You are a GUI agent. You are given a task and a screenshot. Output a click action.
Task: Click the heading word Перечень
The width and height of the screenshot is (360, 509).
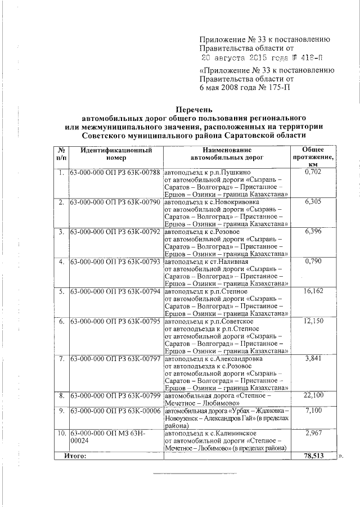[194, 110]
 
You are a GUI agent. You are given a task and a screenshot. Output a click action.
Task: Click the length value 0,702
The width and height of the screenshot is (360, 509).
[312, 172]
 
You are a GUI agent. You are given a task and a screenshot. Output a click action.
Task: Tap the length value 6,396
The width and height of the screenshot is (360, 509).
[312, 232]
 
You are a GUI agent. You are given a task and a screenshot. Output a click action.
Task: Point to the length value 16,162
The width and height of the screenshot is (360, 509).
[312, 291]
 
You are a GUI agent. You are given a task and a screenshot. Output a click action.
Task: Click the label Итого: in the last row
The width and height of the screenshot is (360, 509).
[74, 456]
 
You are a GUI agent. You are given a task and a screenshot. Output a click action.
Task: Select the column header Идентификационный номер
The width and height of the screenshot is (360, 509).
[116, 155]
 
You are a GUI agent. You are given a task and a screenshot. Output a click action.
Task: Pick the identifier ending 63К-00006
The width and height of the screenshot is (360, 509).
[116, 411]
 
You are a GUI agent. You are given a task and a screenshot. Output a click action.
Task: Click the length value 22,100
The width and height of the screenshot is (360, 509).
[312, 396]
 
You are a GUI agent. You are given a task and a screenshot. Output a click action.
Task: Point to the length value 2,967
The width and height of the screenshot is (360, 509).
[312, 433]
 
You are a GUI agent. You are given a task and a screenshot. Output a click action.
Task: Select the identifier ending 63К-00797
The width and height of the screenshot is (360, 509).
[116, 358]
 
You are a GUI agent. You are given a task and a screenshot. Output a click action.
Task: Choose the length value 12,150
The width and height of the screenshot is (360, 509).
[312, 321]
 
